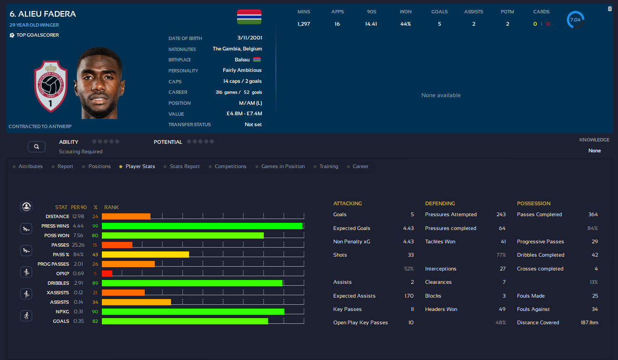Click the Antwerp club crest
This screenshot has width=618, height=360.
click(x=50, y=87)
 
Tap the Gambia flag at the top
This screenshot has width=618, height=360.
click(x=249, y=17)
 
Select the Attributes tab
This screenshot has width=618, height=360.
click(x=30, y=167)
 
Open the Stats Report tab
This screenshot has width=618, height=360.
click(x=185, y=167)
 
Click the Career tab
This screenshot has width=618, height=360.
click(x=360, y=167)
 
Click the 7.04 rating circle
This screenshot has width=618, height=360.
click(x=575, y=20)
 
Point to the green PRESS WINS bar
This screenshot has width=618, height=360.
click(x=202, y=226)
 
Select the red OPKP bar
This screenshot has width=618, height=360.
click(x=107, y=273)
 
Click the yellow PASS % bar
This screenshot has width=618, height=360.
click(x=145, y=255)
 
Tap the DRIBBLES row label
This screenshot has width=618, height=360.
click(x=58, y=283)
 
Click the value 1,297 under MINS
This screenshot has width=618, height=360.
click(x=303, y=24)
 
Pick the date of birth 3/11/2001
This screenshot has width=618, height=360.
click(x=250, y=38)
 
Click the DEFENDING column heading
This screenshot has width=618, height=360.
click(x=440, y=203)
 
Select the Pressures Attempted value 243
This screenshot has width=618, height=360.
click(x=501, y=215)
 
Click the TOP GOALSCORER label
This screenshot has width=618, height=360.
click(x=38, y=35)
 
